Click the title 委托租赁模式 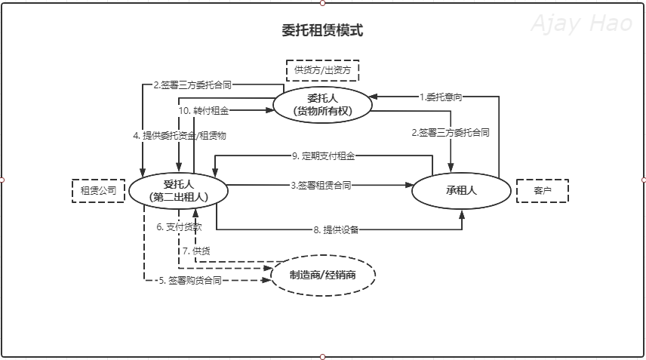322,31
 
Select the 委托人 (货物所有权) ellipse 322,104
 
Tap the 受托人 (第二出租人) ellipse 178,189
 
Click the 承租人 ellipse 461,190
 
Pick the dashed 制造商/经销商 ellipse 322,274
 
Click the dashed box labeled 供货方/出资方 322,70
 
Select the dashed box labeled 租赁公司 98,190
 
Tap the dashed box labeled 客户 542,190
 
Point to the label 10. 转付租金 203,110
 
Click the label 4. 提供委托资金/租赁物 180,136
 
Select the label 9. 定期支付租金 323,156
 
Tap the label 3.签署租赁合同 321,185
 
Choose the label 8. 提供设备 336,229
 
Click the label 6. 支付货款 179,227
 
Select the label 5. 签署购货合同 189,280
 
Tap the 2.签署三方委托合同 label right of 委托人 451,132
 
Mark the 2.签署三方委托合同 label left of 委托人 192,85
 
